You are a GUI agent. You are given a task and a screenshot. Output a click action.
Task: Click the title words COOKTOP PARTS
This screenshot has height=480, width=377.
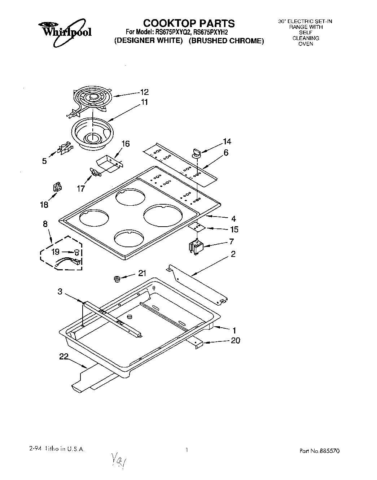[189, 23]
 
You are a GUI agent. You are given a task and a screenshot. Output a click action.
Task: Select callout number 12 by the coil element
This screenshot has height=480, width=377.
[144, 92]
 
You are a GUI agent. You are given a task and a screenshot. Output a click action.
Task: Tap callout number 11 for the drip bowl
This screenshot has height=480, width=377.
[144, 102]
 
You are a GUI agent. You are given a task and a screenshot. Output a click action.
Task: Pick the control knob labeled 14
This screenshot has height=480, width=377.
[197, 153]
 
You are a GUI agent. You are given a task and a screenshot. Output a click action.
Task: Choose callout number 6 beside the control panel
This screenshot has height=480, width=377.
[226, 153]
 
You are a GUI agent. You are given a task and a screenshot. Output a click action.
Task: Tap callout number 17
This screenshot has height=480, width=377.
[81, 188]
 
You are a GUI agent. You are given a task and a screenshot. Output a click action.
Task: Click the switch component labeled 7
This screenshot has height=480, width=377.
[196, 248]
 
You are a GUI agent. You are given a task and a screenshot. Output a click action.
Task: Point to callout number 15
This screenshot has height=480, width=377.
[234, 230]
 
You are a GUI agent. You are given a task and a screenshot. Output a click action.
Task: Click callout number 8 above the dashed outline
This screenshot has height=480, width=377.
[45, 224]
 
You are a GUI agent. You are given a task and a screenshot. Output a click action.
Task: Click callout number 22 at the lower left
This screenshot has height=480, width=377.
[63, 357]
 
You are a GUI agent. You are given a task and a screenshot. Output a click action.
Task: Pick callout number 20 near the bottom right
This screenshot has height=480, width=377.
[235, 340]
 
